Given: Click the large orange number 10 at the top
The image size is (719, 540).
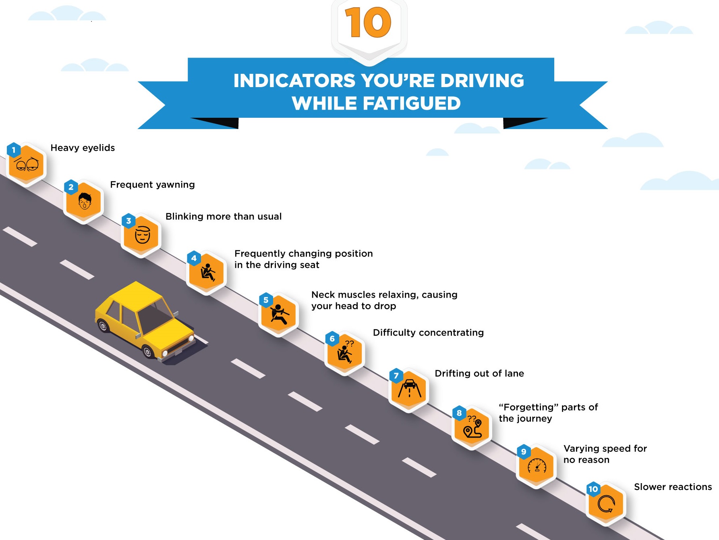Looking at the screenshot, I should tap(368, 23).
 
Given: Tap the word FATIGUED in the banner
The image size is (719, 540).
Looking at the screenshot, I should tap(412, 103).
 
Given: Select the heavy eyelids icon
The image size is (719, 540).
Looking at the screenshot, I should tap(27, 164).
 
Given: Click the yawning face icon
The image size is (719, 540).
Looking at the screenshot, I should tap(84, 201).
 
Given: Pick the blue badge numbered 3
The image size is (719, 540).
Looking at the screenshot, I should tap(128, 221).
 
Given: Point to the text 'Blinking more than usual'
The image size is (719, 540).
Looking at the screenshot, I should tap(224, 217).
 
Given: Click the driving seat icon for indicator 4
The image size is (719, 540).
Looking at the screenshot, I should tap(207, 272).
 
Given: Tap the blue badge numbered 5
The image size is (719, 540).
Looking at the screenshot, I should tap(266, 300).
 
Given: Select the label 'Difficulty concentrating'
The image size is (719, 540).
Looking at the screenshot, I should tap(428, 333).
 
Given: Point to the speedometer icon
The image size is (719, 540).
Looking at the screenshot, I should tap(537, 466).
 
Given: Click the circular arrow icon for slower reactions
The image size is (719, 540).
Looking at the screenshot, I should tap(606, 503).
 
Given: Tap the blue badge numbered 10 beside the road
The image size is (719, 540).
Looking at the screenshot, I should tap(593, 489).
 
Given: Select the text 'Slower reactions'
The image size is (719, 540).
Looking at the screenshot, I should tap(673, 487).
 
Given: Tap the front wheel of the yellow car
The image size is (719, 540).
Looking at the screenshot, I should tap(148, 352).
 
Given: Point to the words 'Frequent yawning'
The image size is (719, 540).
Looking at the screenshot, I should tap(152, 185).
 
